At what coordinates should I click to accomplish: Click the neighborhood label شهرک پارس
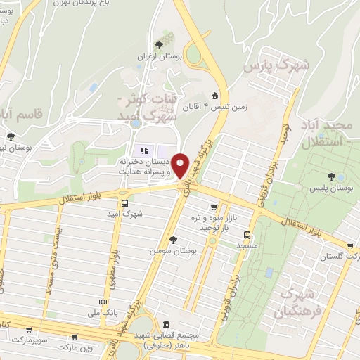276,65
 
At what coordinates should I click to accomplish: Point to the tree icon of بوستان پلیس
331,176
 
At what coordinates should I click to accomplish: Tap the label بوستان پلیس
334,189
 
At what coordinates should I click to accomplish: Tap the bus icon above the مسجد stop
246,236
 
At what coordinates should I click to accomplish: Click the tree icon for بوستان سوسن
173,239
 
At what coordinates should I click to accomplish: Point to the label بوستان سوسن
172,250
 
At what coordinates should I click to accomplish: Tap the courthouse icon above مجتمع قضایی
166,324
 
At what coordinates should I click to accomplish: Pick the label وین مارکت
75,347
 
